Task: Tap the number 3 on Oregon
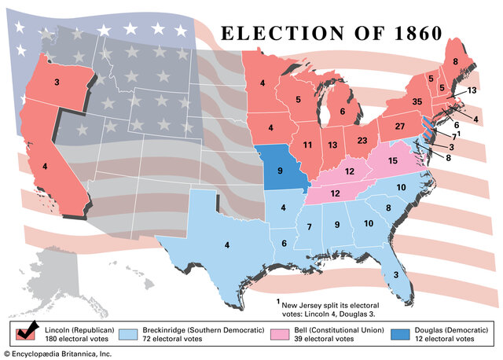(57, 82)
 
